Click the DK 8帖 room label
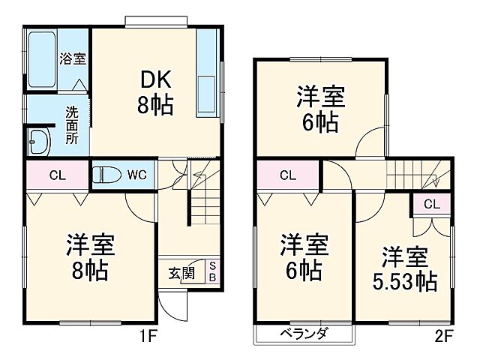(155, 92)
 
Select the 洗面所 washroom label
(71, 125)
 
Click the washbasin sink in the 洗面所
(37, 139)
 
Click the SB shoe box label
(212, 271)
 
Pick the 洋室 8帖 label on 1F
(90, 256)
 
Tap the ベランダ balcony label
(304, 334)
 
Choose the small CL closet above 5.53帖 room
(431, 203)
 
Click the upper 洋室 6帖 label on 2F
(321, 109)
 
